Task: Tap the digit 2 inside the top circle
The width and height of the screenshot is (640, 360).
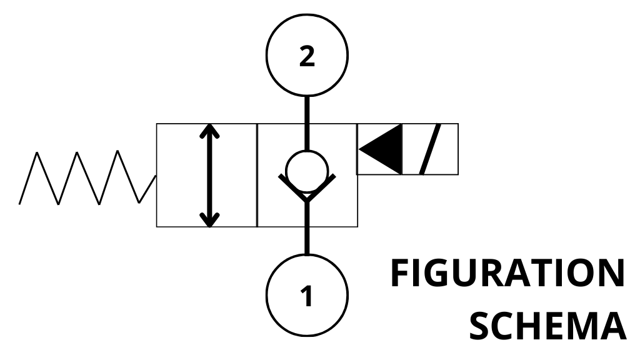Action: [306, 57]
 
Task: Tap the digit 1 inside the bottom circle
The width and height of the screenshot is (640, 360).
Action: [306, 296]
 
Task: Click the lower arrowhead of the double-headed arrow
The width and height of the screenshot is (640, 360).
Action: [211, 219]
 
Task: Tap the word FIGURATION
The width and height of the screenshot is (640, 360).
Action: [507, 273]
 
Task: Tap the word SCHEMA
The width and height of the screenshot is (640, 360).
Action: [547, 324]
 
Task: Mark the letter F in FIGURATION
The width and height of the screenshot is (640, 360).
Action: [401, 273]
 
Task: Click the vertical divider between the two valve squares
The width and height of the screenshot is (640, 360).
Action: [257, 175]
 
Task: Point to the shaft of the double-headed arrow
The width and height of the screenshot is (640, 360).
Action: [211, 175]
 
